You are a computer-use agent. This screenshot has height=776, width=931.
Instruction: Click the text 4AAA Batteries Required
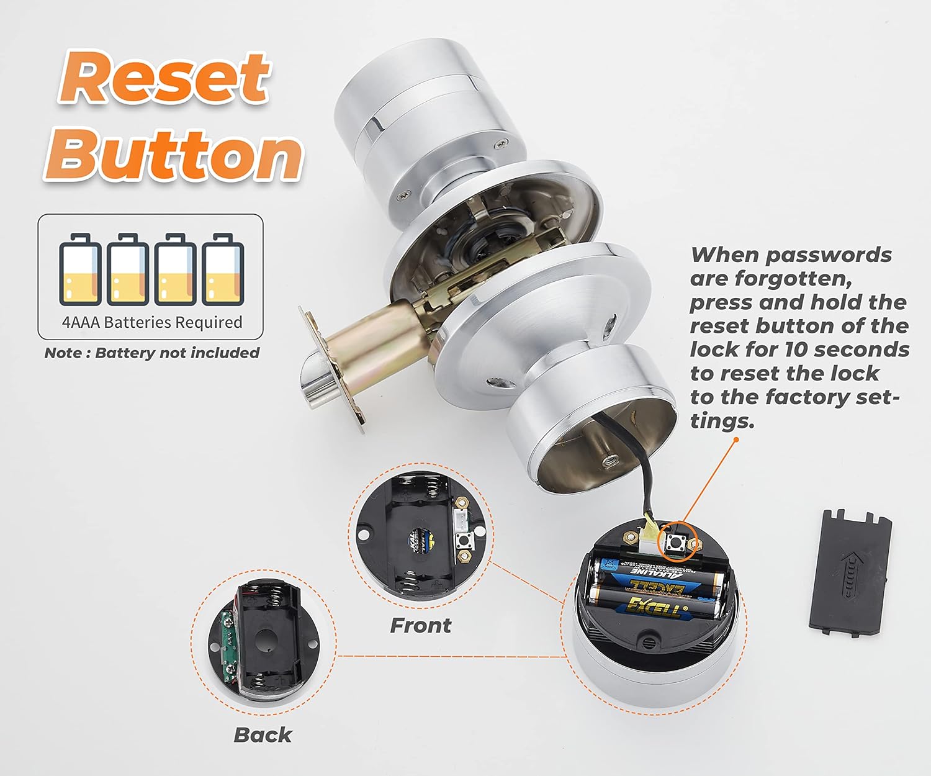(x=151, y=322)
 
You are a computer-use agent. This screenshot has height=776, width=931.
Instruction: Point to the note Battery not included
(x=151, y=353)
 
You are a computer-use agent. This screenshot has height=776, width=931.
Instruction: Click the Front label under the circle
(x=420, y=625)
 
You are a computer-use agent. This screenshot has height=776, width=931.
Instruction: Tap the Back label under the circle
(x=263, y=734)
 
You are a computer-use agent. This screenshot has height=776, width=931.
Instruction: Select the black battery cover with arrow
(x=851, y=572)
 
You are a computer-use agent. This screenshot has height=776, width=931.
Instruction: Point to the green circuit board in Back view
(x=228, y=643)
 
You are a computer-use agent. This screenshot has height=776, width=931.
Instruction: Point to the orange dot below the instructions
(x=736, y=440)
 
